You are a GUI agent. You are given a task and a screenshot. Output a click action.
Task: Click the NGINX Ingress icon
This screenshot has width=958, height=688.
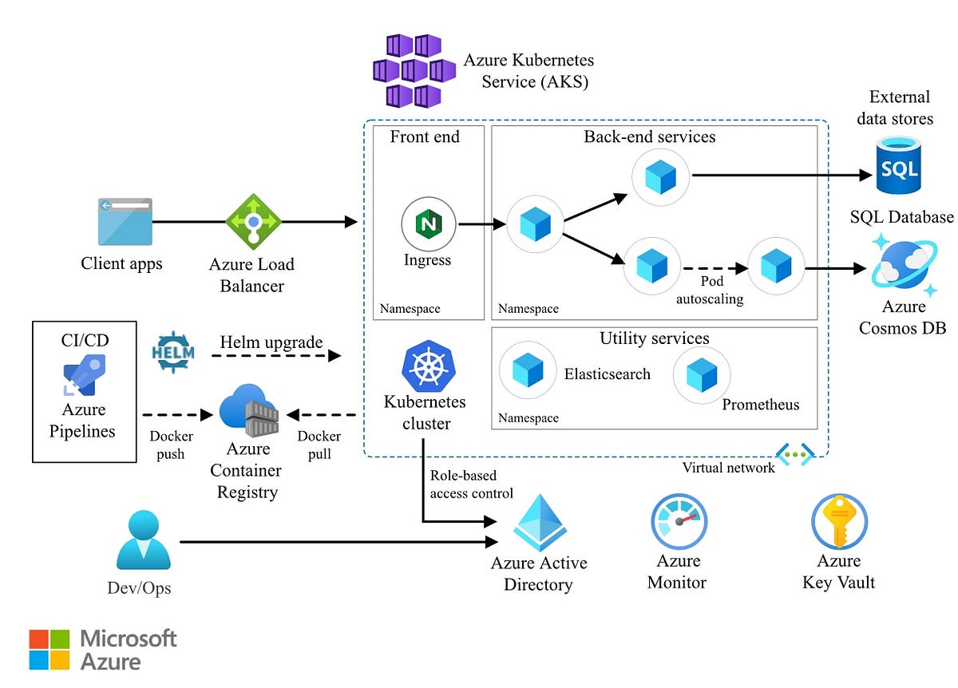pyautogui.click(x=428, y=224)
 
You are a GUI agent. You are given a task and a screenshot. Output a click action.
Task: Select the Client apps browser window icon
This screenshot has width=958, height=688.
pyautogui.click(x=124, y=221)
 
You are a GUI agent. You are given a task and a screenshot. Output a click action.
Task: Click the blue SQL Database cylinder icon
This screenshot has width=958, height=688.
pyautogui.click(x=898, y=165)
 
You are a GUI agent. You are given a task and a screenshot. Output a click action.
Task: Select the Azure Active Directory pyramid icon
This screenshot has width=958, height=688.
pyautogui.click(x=539, y=520)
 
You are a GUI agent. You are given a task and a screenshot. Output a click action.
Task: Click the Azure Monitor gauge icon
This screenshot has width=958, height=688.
pyautogui.click(x=678, y=522)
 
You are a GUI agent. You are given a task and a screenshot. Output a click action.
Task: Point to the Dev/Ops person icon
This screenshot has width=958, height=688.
pyautogui.click(x=143, y=540)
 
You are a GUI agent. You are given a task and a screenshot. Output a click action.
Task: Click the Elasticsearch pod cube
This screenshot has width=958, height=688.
pyautogui.click(x=527, y=372)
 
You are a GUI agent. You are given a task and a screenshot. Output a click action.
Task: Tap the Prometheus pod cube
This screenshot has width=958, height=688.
pyautogui.click(x=701, y=374)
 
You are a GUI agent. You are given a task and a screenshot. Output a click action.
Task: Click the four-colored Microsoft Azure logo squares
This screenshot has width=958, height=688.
pyautogui.click(x=49, y=649)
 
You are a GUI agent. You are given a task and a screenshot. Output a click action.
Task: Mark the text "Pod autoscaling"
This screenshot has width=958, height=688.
pyautogui.click(x=710, y=291)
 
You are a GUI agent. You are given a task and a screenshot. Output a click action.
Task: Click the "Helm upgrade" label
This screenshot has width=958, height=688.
pyautogui.click(x=271, y=342)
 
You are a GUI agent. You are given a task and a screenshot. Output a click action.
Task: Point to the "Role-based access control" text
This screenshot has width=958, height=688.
pyautogui.click(x=471, y=484)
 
